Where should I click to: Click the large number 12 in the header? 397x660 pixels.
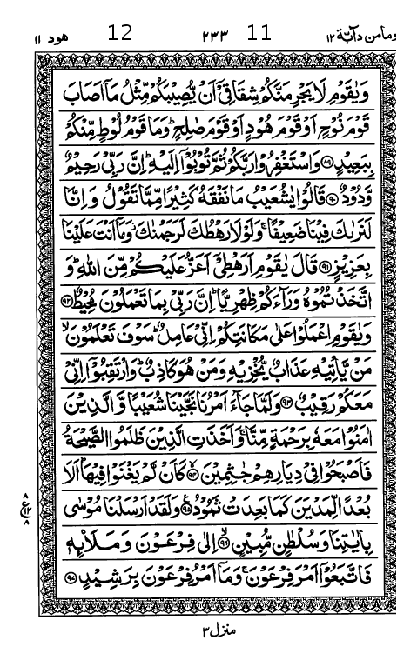click(119, 34)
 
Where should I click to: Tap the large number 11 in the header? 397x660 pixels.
click(259, 34)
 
